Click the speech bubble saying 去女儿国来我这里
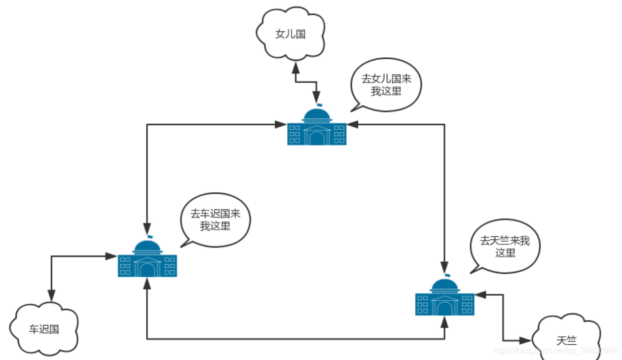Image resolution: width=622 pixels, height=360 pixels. [385, 85]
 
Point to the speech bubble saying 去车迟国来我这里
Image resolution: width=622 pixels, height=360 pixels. [215, 220]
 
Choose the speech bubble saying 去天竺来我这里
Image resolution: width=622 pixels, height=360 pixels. [505, 246]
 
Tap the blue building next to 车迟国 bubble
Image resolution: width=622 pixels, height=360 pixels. [148, 259]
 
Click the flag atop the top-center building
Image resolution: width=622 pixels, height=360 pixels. [320, 105]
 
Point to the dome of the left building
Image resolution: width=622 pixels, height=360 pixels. [148, 246]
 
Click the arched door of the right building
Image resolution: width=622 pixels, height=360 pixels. [445, 308]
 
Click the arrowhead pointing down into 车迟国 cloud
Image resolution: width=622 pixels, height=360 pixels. [51, 296]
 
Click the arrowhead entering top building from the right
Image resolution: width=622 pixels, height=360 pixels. [353, 124]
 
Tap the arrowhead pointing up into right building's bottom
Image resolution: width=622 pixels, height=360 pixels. [445, 321]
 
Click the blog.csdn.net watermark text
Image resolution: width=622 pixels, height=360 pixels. [555, 351]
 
